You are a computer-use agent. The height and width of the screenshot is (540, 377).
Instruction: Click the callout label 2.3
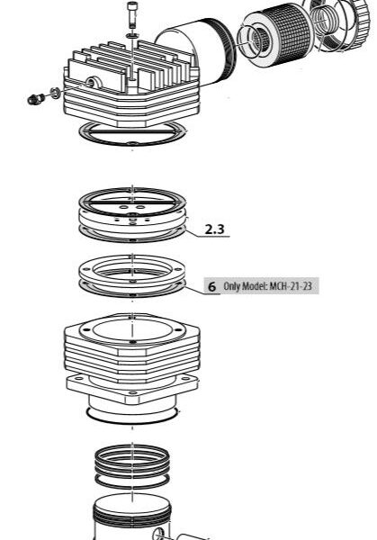click(214, 229)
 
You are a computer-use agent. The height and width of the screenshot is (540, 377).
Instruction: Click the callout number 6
click(212, 286)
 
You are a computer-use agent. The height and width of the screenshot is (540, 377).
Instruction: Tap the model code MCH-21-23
click(291, 286)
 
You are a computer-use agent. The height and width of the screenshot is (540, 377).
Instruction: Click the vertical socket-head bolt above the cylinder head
click(132, 14)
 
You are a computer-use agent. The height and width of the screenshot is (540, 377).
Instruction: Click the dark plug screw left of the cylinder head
click(35, 99)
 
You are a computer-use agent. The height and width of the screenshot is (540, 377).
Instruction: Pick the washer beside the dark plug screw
click(55, 93)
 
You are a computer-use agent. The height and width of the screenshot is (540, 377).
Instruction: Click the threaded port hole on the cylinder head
click(92, 83)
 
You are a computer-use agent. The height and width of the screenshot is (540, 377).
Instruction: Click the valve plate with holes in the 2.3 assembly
click(132, 219)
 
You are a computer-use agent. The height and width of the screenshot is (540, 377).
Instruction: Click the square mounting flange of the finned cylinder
click(132, 390)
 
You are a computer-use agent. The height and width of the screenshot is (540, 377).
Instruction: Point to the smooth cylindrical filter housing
click(195, 51)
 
